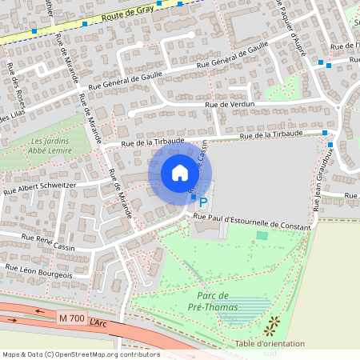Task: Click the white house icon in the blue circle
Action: click(180, 172)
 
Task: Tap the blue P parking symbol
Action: click(202, 203)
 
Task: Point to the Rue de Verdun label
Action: click(234, 105)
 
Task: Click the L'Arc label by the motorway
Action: click(98, 322)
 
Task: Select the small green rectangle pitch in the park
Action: click(262, 235)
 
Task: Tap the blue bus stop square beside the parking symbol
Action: click(193, 197)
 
